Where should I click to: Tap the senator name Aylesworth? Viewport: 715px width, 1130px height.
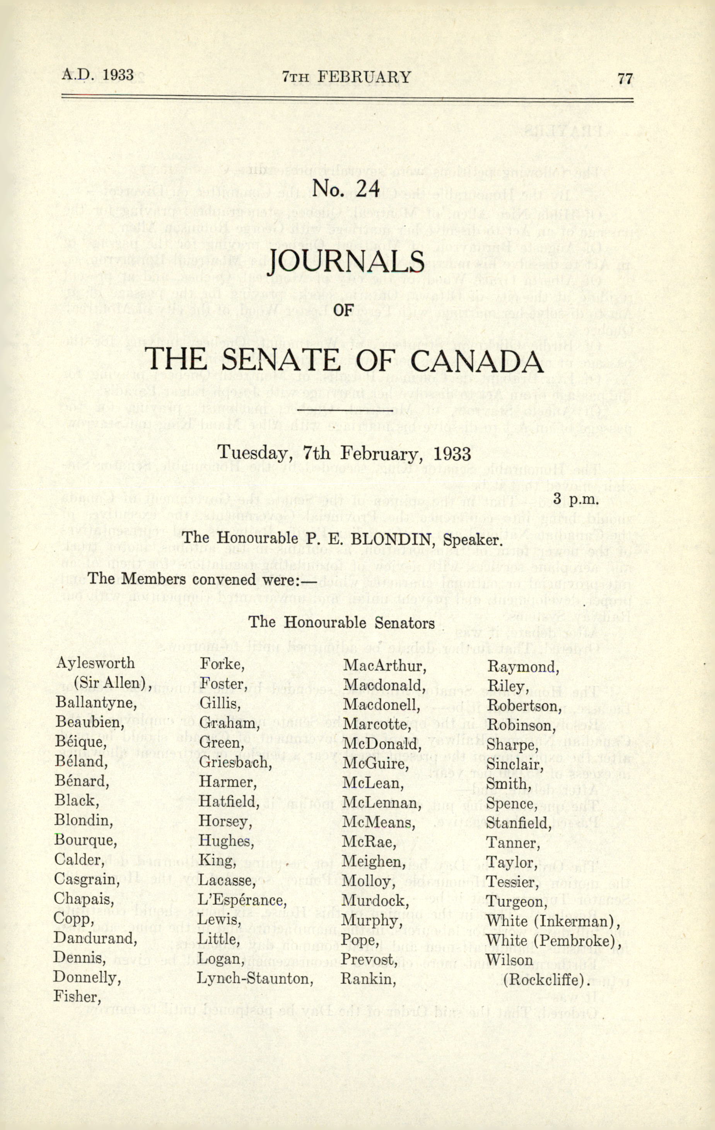tap(95, 663)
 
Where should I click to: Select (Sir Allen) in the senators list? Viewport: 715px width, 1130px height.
tap(112, 683)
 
